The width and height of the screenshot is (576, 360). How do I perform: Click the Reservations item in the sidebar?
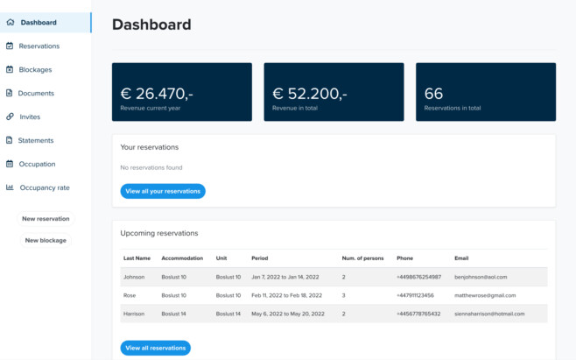(39, 46)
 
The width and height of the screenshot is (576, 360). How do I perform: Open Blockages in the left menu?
(35, 69)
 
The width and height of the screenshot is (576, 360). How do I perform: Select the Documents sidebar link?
(36, 93)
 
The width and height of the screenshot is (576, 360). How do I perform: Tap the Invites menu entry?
(30, 116)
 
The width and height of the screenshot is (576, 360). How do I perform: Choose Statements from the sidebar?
(36, 140)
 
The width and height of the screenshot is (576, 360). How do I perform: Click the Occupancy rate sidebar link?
(45, 187)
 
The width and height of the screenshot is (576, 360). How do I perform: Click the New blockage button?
(46, 240)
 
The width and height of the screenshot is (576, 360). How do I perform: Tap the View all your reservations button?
(163, 191)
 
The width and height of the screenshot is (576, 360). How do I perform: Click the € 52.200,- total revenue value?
(310, 93)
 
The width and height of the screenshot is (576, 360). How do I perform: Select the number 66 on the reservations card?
(433, 93)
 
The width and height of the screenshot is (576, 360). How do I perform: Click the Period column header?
(259, 258)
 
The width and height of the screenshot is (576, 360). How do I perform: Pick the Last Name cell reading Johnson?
(134, 277)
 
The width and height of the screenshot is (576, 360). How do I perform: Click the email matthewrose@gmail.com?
(485, 295)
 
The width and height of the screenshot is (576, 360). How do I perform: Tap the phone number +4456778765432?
(418, 314)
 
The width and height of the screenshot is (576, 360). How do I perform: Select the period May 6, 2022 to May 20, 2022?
(287, 314)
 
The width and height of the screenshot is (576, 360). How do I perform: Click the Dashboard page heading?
(151, 25)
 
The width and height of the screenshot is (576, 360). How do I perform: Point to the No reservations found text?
(151, 167)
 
